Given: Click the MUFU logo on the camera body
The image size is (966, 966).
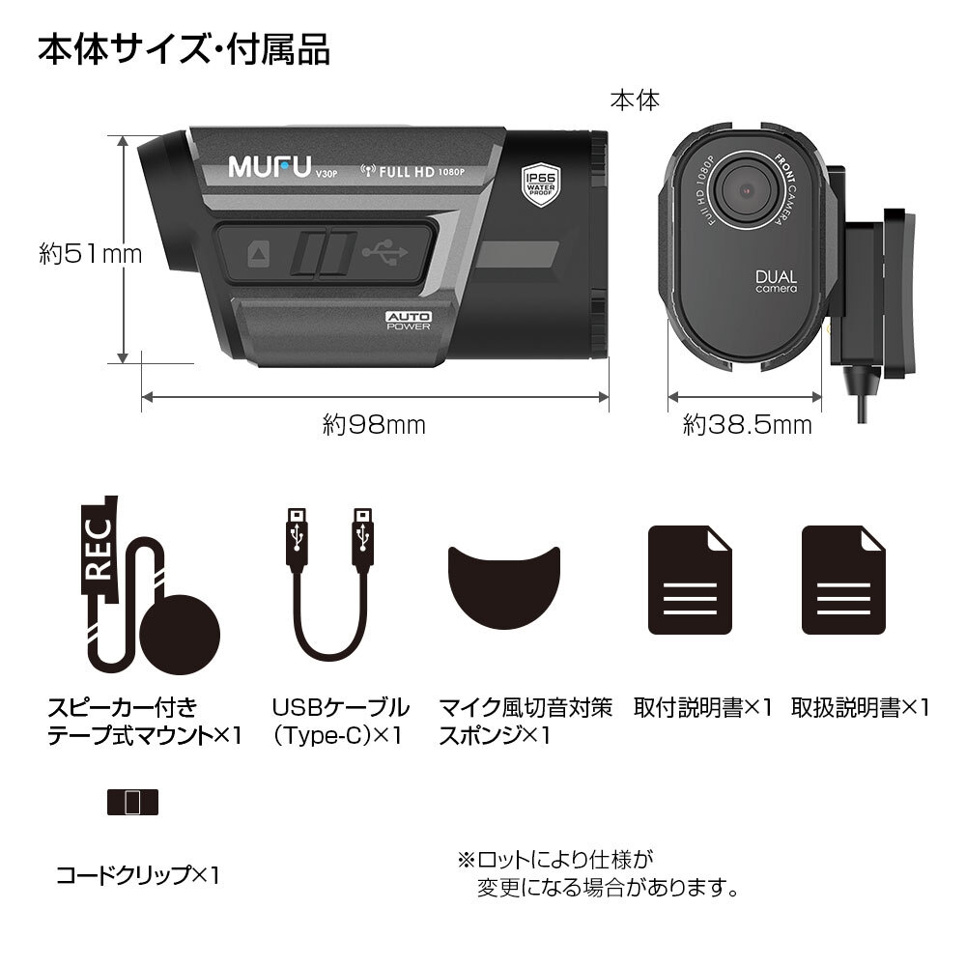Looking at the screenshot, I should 266,165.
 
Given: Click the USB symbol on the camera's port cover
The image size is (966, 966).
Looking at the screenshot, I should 384,254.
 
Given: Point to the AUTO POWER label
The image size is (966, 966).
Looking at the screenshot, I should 409,321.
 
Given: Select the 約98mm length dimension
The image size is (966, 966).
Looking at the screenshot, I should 374,424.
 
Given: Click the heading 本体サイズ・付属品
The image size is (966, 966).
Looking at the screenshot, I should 184,49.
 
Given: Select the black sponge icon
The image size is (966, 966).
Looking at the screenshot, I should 504,584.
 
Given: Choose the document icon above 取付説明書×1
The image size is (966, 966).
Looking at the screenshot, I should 689,581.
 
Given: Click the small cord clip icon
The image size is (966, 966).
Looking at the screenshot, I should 132,801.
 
